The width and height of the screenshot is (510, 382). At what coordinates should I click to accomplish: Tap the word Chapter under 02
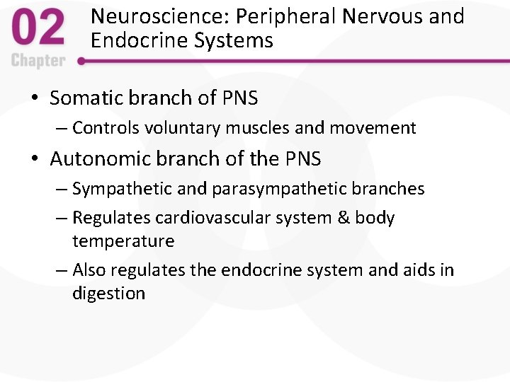(x=38, y=60)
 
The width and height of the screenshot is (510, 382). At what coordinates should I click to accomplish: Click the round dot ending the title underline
(x=81, y=62)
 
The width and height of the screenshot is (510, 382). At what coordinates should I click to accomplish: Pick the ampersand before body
(x=343, y=218)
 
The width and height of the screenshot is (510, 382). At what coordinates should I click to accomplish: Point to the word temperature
(x=123, y=241)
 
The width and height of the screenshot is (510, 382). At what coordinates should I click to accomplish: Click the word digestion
(x=108, y=294)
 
